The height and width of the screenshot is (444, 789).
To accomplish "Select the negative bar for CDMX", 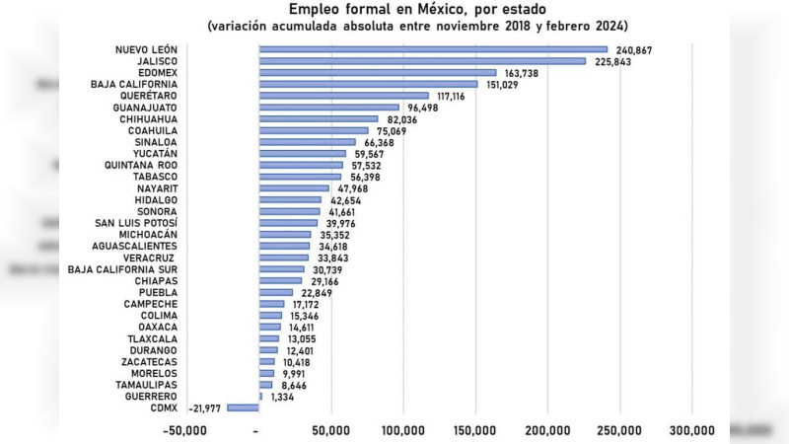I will coord(243,407).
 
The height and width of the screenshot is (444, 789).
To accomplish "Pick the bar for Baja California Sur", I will coord(281,268).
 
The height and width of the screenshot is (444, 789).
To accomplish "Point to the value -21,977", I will coord(202,407).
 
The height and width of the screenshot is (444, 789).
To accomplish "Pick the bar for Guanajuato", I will coord(328,108).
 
